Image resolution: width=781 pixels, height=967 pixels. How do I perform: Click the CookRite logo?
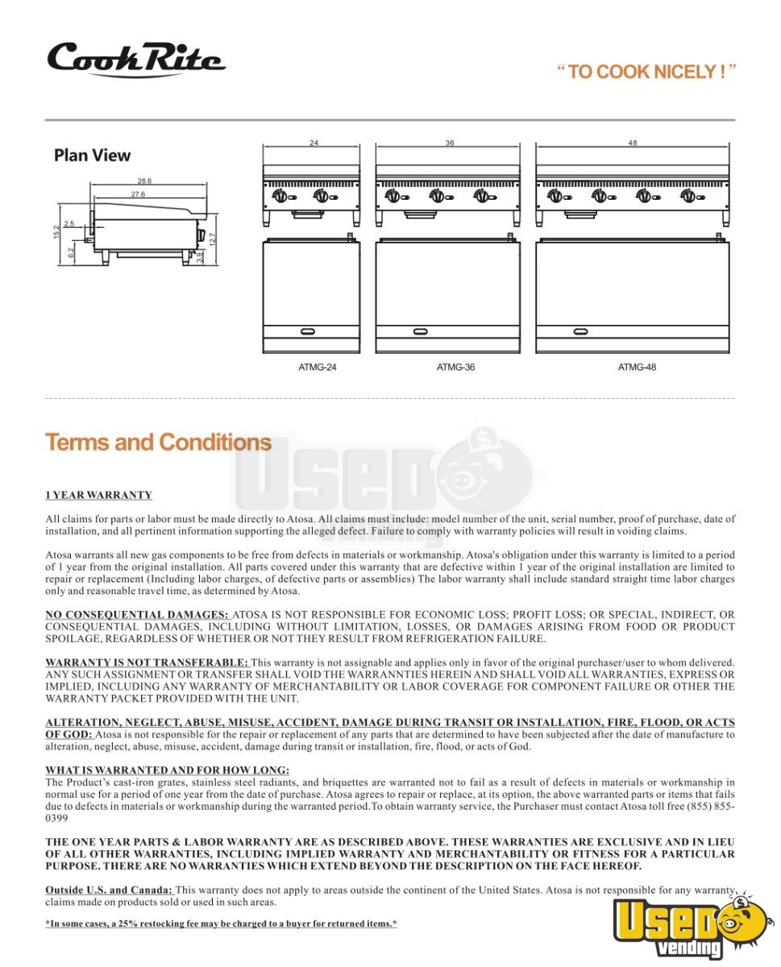click(x=135, y=60)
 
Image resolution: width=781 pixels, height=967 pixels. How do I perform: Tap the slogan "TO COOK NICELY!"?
click(x=646, y=72)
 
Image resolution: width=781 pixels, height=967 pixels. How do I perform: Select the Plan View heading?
click(x=92, y=156)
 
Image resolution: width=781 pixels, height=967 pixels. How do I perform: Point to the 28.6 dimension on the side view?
click(x=144, y=181)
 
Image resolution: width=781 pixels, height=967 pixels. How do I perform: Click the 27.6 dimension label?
click(x=138, y=194)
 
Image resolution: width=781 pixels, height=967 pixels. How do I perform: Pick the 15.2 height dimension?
click(x=56, y=232)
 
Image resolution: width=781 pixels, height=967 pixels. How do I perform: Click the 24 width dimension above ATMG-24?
click(x=313, y=143)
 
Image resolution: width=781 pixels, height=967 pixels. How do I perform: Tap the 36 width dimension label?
click(x=450, y=143)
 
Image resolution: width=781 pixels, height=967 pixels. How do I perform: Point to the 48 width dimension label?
click(x=633, y=143)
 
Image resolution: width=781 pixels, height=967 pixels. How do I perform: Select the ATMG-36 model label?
click(x=455, y=367)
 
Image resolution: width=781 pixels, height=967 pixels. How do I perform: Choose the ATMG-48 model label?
click(x=637, y=367)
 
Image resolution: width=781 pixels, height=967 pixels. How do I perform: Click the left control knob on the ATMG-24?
click(x=280, y=196)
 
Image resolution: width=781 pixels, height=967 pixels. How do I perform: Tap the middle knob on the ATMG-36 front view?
click(x=437, y=196)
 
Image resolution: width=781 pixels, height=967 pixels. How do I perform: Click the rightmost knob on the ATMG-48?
click(x=688, y=196)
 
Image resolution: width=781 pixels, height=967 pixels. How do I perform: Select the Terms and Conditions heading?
click(x=158, y=442)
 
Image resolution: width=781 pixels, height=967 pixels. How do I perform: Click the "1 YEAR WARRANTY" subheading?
click(x=98, y=495)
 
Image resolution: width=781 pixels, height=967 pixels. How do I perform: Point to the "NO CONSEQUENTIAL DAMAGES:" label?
click(x=137, y=615)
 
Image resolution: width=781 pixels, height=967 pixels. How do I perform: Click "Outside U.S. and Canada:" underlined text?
click(x=109, y=890)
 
